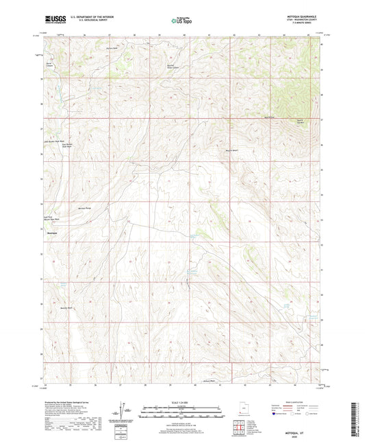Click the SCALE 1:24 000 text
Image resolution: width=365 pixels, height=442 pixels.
pos(182,402)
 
